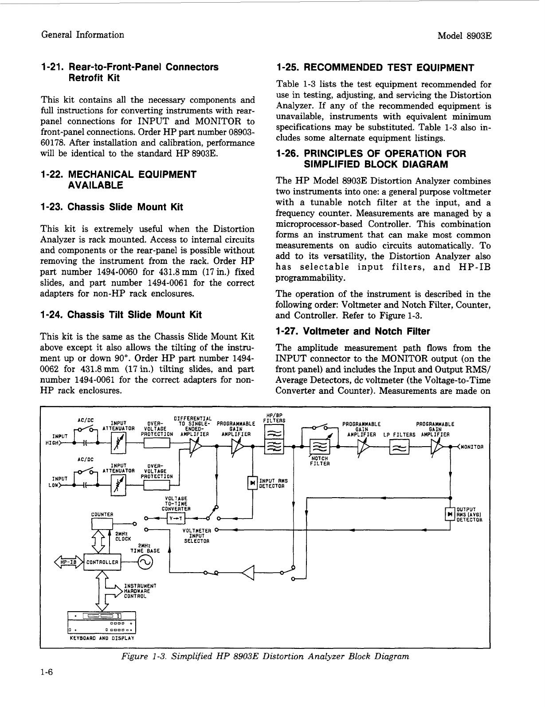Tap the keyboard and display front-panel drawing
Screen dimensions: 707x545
pyautogui.click(x=102, y=623)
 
